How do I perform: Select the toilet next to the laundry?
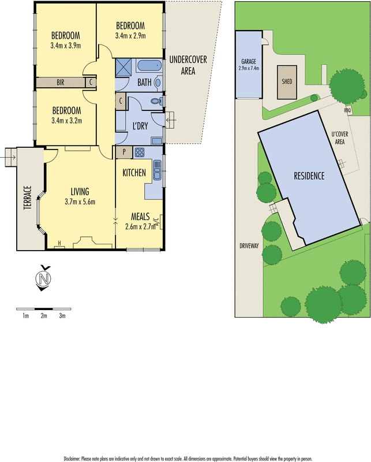pyautogui.click(x=154, y=102)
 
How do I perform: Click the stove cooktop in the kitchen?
pyautogui.click(x=140, y=153)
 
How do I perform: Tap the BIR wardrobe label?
pyautogui.click(x=60, y=83)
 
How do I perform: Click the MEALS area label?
pyautogui.click(x=141, y=216)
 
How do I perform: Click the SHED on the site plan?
pyautogui.click(x=287, y=81)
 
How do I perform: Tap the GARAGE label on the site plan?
pyautogui.click(x=249, y=61)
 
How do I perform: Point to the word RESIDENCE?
pyautogui.click(x=309, y=176)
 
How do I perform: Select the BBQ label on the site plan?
pyautogui.click(x=347, y=110)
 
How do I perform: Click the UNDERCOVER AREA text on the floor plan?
pyautogui.click(x=187, y=65)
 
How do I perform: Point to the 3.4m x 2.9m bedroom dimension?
pyautogui.click(x=130, y=35)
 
